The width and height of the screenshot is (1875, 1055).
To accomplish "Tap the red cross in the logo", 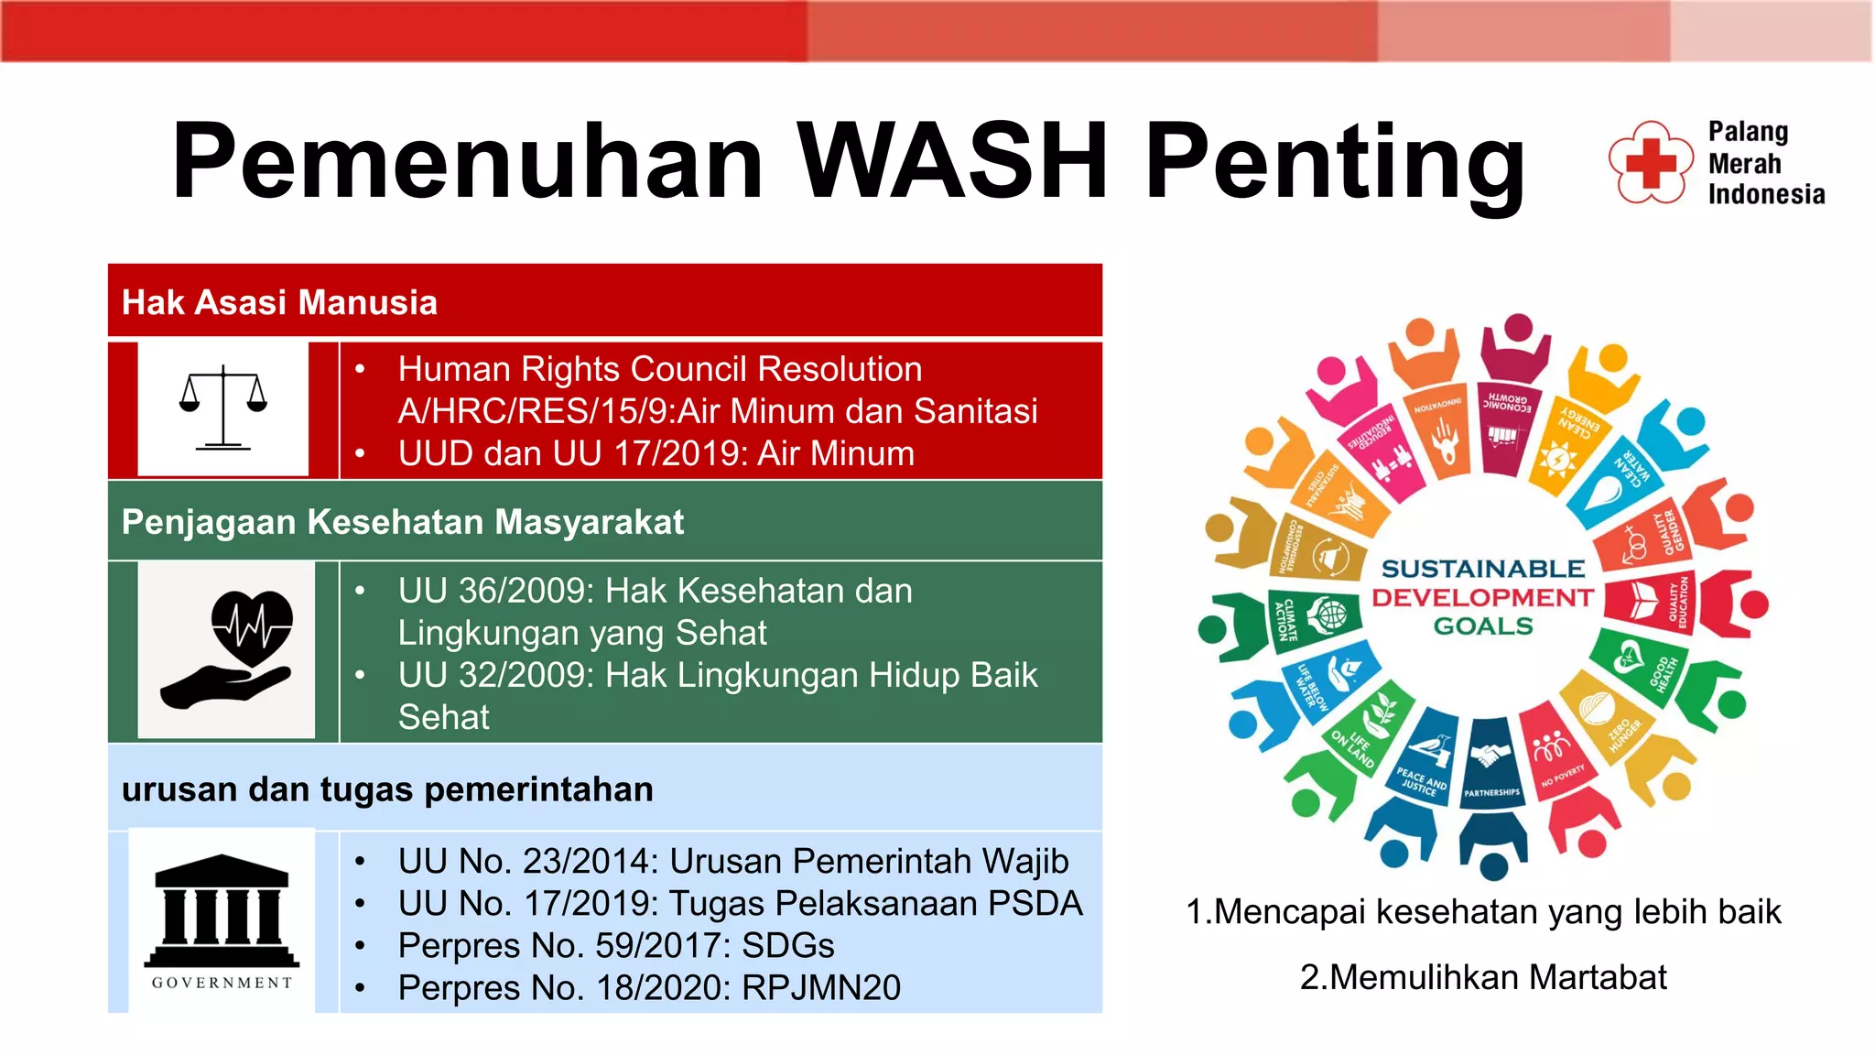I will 1650,164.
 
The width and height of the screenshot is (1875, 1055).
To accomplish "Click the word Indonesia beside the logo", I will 1766,194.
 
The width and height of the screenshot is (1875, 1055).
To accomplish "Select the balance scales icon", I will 223,408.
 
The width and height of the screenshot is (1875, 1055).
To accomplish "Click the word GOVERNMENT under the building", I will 222,983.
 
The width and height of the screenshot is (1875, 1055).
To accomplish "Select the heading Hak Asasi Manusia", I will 279,302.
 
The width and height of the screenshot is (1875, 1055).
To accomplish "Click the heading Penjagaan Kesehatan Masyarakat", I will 402,522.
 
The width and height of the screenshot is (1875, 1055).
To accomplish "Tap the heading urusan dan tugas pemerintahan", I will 387,789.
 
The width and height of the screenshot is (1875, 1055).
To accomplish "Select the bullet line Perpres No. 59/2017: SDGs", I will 615,945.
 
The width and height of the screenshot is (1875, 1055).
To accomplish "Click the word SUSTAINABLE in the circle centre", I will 1482,569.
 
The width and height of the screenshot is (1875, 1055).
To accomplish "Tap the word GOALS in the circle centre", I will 1482,626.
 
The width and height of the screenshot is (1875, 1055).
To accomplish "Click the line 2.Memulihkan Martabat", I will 1482,977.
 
